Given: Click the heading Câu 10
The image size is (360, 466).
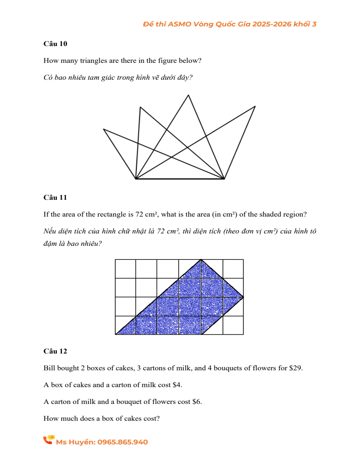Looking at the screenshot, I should click(x=55, y=44).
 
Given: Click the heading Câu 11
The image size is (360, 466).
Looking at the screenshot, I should click(x=55, y=197).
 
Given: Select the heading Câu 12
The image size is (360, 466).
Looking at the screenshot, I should click(x=55, y=351).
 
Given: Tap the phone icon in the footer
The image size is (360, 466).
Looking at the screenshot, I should click(x=48, y=440).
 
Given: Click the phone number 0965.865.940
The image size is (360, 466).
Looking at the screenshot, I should click(x=122, y=442).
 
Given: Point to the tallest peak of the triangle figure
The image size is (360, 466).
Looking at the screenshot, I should click(x=188, y=95).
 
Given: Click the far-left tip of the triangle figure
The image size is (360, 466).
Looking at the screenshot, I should click(x=104, y=129).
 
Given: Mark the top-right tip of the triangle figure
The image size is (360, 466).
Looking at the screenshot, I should click(x=255, y=106).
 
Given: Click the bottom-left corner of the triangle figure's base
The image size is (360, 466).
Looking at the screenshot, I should click(x=136, y=179).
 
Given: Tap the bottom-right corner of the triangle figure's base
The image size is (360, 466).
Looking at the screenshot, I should click(x=224, y=179).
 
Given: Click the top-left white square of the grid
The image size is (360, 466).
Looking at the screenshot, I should click(x=126, y=269).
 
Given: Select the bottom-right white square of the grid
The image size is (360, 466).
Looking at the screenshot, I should click(x=233, y=325).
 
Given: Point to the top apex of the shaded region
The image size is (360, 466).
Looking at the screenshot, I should click(x=201, y=260).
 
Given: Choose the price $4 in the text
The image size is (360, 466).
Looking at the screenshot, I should click(x=177, y=385).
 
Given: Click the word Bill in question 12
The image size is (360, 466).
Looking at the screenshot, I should click(x=49, y=368).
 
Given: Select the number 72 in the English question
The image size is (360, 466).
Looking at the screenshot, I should click(x=140, y=214).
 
